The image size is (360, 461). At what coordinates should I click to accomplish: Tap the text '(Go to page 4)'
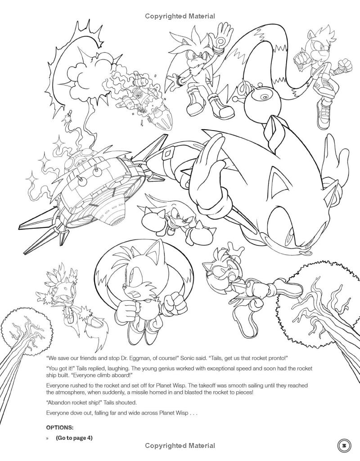(x=74, y=438)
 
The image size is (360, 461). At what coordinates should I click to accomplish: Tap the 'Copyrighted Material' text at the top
(x=180, y=17)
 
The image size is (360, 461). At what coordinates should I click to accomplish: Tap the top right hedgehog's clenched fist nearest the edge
(x=346, y=64)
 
